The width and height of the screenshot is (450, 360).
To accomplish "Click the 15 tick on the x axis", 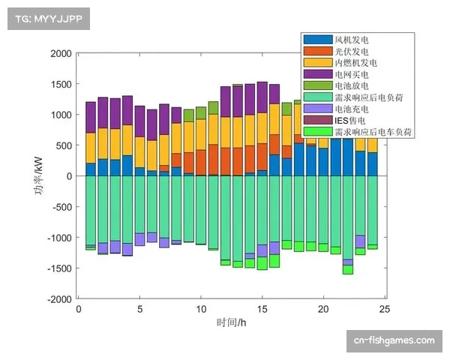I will click(x=262, y=308).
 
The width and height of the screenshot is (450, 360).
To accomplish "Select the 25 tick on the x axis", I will click(x=384, y=308).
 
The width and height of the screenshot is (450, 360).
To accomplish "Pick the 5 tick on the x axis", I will click(x=139, y=308).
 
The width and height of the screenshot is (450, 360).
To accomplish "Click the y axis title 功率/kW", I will click(x=37, y=177).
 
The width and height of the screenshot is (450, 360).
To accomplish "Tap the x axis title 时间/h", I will click(x=231, y=322).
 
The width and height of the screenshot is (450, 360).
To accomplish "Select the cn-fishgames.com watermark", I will click(x=394, y=340).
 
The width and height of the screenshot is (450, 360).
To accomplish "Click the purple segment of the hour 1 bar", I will click(x=91, y=117).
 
